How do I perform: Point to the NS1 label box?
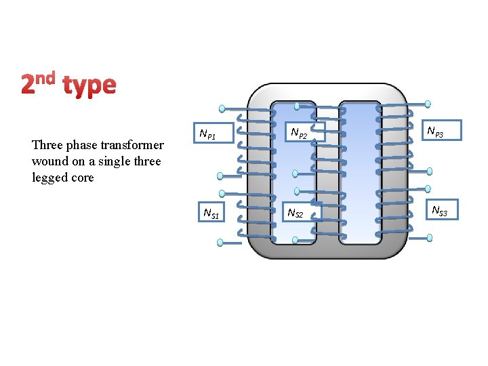211,213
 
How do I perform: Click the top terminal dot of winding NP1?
222,108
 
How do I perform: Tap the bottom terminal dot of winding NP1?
220,175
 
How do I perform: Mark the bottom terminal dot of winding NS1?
220,242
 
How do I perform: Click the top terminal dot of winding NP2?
297,106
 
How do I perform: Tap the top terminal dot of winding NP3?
428,104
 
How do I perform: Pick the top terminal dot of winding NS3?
428,189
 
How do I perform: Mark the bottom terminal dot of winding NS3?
430,238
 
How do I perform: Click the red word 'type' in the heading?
89,85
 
